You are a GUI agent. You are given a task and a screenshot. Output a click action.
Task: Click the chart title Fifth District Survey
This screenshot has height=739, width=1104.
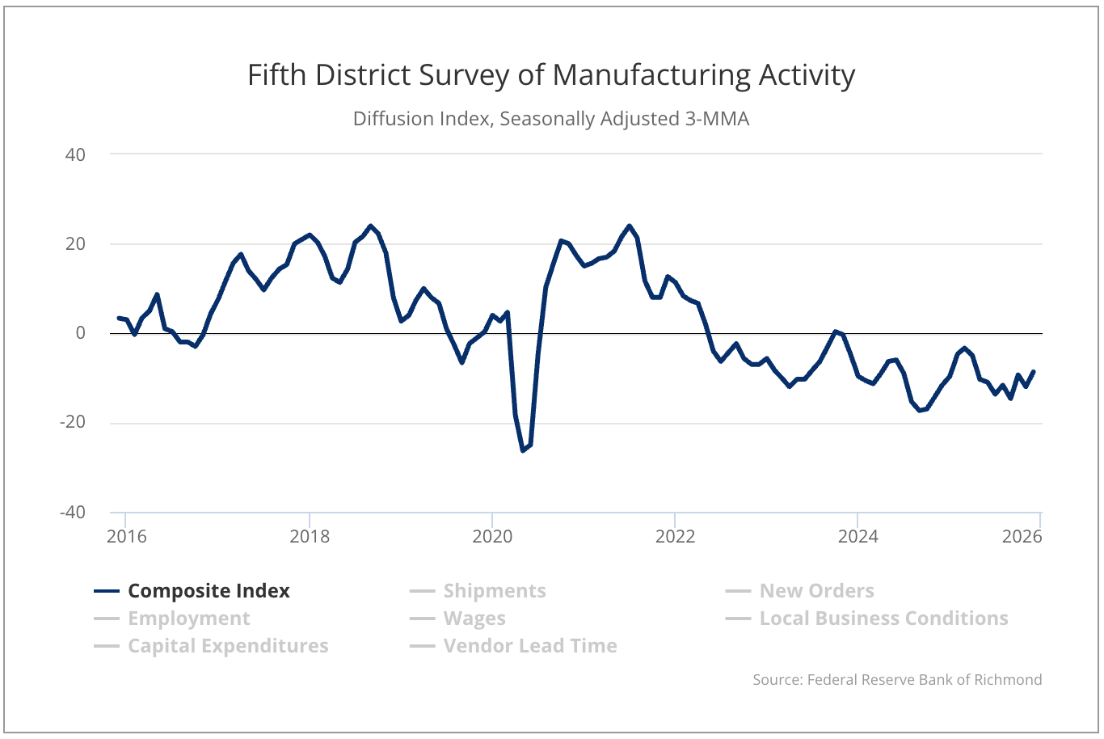[x=551, y=75]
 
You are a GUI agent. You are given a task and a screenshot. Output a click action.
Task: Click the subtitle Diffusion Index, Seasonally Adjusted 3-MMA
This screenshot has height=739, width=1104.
[x=551, y=119]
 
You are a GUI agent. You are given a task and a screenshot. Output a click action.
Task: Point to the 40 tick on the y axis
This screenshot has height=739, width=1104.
[x=75, y=154]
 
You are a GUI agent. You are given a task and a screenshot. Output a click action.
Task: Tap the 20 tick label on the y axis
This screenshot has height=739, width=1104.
[x=75, y=244]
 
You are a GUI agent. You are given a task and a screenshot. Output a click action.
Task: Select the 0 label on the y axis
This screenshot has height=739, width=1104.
[x=81, y=333]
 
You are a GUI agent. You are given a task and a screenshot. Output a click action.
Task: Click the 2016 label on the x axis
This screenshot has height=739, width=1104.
[x=127, y=537]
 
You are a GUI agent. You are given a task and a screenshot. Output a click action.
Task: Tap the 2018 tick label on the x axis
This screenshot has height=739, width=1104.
[x=310, y=537]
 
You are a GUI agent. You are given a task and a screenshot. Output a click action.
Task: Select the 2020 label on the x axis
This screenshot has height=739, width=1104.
[x=492, y=537]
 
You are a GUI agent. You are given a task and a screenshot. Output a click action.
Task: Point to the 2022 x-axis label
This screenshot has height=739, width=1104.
[x=675, y=537]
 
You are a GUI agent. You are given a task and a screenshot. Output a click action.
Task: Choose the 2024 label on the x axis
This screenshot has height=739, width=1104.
[x=857, y=537]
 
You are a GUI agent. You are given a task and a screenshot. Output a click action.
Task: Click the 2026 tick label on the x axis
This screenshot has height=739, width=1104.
[x=1022, y=537]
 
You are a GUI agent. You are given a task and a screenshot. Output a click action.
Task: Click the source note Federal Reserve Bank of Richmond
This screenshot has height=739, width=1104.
[x=897, y=680]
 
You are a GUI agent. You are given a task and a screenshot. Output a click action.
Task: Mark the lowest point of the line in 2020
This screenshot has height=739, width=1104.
[x=523, y=450]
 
